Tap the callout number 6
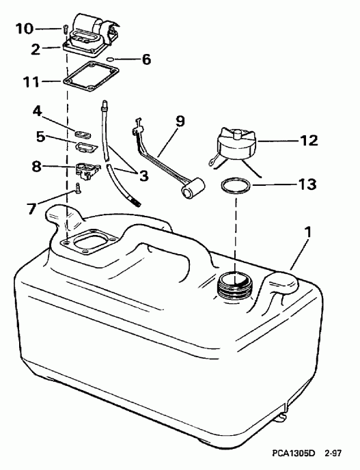point(146,59)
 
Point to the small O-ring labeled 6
point(120,59)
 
